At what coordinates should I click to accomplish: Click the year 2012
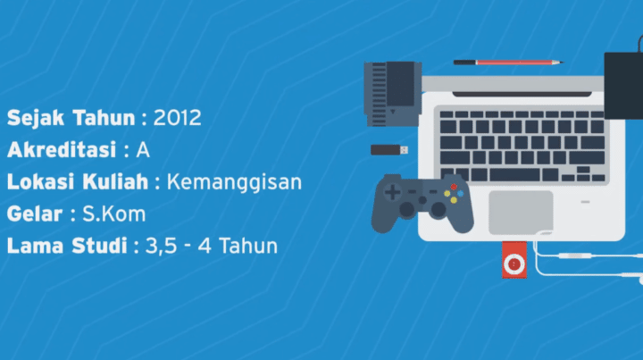(x=178, y=117)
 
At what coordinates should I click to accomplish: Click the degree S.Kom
(x=121, y=214)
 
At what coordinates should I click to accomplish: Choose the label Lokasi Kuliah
(x=78, y=181)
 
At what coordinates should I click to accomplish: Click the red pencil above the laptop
(x=506, y=63)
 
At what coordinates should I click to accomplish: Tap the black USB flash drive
(x=389, y=149)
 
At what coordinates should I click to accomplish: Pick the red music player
(x=514, y=259)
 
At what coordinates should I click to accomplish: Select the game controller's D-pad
(x=392, y=192)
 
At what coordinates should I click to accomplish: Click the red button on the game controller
(x=453, y=187)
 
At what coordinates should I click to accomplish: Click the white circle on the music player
(x=514, y=264)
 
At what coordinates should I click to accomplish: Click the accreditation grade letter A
(x=143, y=149)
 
